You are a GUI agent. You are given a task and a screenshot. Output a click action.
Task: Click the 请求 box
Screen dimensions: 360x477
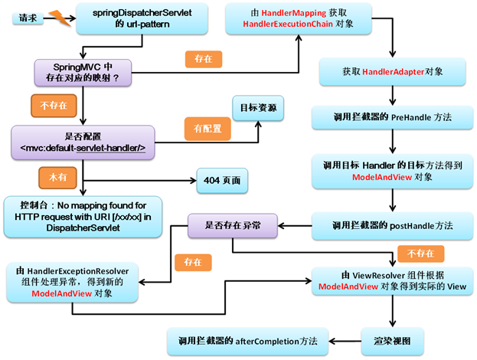(26, 17)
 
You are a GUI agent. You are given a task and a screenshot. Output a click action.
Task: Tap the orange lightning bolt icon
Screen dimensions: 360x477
(60, 15)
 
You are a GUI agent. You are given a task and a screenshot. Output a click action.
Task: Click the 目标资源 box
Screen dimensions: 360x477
(258, 108)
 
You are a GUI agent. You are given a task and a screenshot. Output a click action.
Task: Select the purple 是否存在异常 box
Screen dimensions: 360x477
(232, 225)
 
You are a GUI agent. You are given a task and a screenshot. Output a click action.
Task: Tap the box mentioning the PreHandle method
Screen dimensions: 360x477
(392, 118)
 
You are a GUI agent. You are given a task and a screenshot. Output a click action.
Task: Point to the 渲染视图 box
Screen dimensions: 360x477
(391, 337)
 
